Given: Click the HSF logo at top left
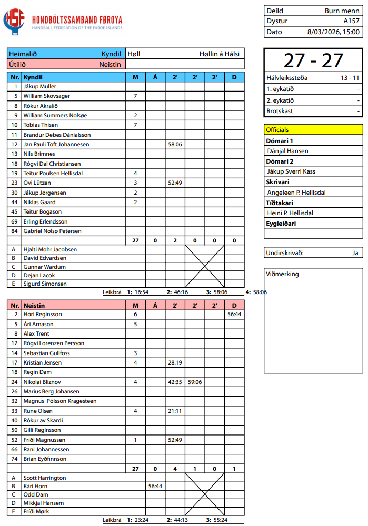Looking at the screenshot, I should pos(14,22).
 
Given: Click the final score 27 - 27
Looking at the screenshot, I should pos(313,60).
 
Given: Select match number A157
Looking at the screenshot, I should pos(351,21).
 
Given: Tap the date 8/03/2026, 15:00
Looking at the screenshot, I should pos(333,32).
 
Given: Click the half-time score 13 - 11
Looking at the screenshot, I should pos(349,78).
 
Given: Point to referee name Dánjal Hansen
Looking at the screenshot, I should pos(288,151).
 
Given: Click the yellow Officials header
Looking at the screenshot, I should pos(313,130).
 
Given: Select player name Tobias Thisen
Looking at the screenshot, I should pos(41,125).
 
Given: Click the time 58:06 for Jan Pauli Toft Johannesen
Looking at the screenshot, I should pos(175,144).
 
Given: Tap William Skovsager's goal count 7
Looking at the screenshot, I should pos(135,96).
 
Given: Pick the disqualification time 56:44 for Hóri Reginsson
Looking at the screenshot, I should pos(234,315).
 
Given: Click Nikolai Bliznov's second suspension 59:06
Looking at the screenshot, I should pos(195,382).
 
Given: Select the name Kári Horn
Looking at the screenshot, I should pos(35,487).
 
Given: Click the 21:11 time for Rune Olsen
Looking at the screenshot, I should pos(175,411).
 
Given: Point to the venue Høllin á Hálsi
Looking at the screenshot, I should pos(219,54).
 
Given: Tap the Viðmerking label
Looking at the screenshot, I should pos(283,274).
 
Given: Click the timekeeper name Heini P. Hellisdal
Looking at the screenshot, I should pos(290,213).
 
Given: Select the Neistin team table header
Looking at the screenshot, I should pos(34,305).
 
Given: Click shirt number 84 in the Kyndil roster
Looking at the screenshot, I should pos(16,231).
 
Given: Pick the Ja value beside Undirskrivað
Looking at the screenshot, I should pos(355,253).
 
